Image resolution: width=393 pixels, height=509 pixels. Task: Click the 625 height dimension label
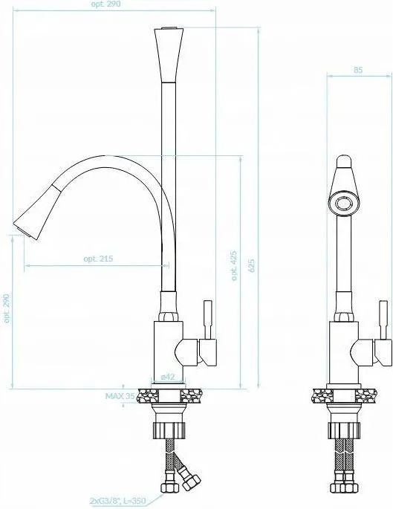pyautogui.click(x=251, y=265)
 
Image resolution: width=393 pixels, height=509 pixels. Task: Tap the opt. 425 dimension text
pyautogui.click(x=234, y=265)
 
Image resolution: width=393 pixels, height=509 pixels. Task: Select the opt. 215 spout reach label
pyautogui.click(x=98, y=259)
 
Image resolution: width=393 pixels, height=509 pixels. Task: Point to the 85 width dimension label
pyautogui.click(x=358, y=70)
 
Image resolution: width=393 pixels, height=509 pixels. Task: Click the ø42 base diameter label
pyautogui.click(x=168, y=377)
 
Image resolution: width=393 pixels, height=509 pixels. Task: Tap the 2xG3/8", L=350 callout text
pyautogui.click(x=118, y=501)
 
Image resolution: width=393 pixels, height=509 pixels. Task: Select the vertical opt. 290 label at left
pyautogui.click(x=7, y=308)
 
